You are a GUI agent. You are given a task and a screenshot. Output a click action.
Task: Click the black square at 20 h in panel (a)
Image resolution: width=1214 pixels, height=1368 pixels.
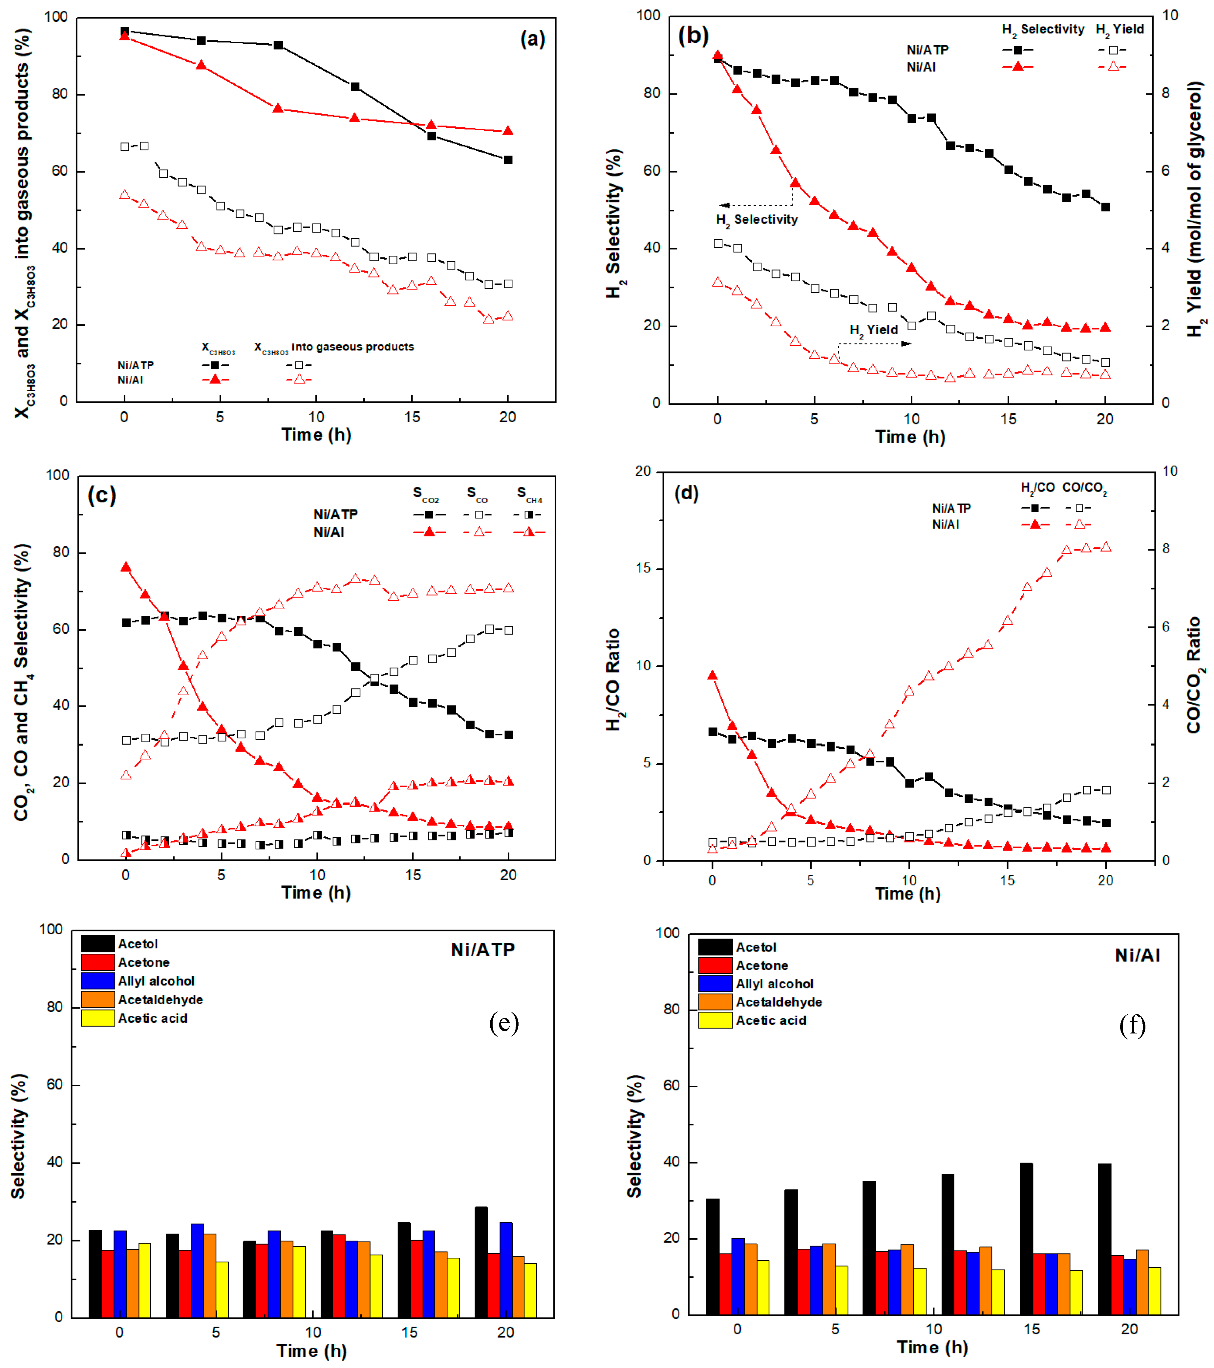pos(508,160)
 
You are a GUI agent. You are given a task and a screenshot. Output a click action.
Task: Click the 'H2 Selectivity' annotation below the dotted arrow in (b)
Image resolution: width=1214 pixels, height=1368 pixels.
pos(757,220)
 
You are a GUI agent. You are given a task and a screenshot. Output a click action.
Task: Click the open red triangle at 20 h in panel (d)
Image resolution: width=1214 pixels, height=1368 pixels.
pos(1106,547)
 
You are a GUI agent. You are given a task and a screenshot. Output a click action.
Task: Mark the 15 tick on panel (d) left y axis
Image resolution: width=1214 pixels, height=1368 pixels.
pos(643,568)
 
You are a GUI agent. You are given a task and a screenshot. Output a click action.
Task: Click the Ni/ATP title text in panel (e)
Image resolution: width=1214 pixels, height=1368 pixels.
pos(482,950)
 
